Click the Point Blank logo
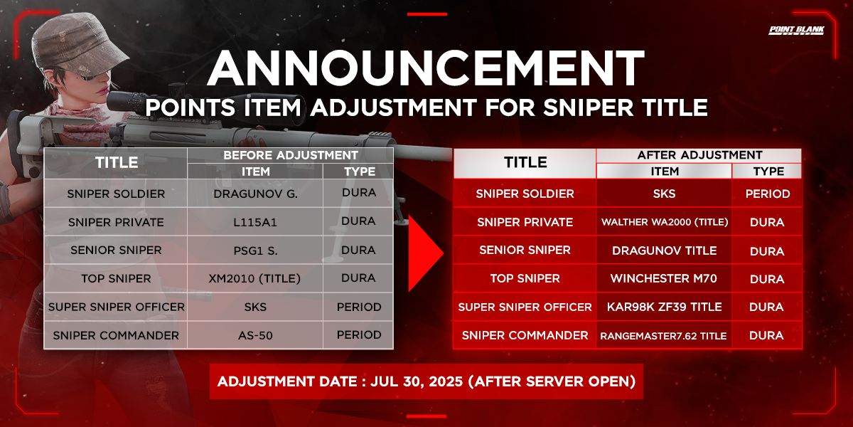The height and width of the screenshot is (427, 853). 796,30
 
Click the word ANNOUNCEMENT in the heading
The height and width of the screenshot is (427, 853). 425,68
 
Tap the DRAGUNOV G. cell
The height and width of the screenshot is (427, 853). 255,194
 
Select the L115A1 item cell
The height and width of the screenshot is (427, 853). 255,222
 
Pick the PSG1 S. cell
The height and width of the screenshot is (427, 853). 255,251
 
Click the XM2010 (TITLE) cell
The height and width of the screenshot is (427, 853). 255,279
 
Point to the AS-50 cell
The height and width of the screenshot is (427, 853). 255,335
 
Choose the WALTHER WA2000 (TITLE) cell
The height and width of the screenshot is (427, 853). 664,222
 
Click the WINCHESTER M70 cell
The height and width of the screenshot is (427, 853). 664,279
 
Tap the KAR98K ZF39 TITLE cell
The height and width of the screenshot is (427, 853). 664,307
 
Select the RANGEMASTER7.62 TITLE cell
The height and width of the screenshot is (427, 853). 664,335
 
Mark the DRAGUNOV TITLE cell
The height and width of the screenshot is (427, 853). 664,251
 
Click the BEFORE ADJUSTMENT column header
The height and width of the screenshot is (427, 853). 291,155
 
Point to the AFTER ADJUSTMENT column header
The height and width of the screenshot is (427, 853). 699,155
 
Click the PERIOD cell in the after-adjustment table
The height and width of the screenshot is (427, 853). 767,194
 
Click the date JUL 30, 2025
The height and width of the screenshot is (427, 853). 417,381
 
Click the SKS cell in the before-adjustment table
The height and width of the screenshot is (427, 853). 255,307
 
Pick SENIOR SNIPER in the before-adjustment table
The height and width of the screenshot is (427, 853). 116,250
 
